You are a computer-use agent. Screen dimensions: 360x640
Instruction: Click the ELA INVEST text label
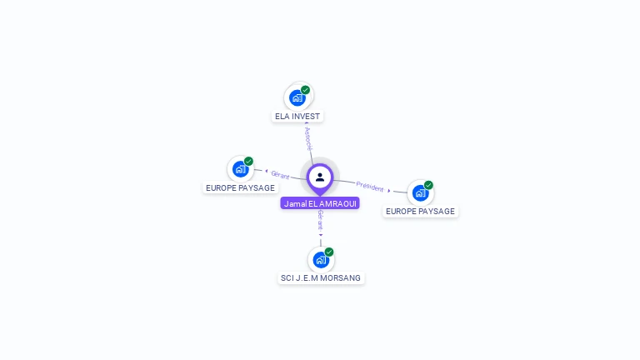[x=297, y=117]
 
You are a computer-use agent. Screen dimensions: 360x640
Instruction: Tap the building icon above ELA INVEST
[x=297, y=98]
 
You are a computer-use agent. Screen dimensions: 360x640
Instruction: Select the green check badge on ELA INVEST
[x=306, y=90]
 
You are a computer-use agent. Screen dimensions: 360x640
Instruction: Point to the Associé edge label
[x=309, y=138]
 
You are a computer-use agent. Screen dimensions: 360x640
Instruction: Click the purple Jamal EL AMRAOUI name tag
[x=320, y=203]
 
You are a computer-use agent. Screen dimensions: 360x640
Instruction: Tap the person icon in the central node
[x=320, y=177]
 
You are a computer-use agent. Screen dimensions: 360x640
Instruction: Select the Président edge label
[x=369, y=186]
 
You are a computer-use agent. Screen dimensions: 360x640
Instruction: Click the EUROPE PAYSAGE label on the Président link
[x=420, y=212]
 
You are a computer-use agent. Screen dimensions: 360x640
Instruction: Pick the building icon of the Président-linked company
[x=420, y=193]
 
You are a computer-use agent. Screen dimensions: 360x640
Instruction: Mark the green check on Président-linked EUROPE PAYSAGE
[x=428, y=185]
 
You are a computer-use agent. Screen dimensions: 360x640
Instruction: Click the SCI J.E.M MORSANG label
[x=322, y=277]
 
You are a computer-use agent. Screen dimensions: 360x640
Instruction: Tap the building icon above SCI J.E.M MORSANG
[x=320, y=260]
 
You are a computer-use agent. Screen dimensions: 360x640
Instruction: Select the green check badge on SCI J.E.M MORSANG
[x=329, y=252]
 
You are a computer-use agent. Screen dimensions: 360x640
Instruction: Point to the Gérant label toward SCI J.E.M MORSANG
[x=320, y=220]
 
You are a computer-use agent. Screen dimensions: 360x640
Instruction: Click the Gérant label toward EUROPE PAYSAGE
[x=280, y=175]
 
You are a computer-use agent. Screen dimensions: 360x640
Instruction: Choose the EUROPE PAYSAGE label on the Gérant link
[x=240, y=188]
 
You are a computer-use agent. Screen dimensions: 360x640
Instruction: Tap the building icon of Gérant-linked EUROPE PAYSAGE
[x=240, y=170]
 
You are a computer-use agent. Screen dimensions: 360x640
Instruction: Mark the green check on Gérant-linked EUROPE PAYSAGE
[x=248, y=162]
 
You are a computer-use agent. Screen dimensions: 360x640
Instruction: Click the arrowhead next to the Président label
[x=389, y=190]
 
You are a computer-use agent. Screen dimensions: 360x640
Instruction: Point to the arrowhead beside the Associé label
[x=307, y=123]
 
